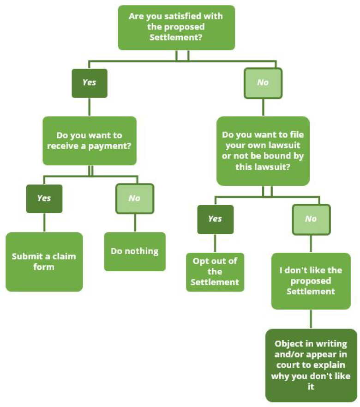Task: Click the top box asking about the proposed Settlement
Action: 176,27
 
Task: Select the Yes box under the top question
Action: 89,83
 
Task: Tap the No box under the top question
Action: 263,83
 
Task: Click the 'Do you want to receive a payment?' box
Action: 90,141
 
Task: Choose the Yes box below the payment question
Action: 44,198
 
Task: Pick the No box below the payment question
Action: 134,198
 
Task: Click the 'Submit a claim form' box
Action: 44,261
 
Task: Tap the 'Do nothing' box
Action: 134,251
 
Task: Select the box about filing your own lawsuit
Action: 263,151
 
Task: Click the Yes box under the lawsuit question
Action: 215,219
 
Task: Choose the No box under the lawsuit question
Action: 311,219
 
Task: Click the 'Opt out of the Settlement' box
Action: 215,272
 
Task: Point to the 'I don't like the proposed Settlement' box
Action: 311,281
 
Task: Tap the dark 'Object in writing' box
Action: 311,365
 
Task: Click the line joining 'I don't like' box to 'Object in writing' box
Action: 311,319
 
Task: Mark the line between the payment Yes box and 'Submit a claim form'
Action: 44,222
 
